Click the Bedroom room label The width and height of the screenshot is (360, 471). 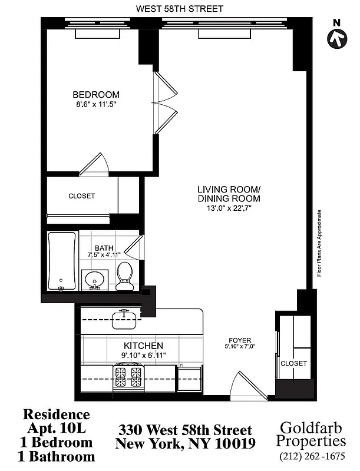(x=95, y=95)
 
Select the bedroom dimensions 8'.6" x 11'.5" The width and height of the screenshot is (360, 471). (x=95, y=104)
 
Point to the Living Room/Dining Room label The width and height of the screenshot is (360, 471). (x=229, y=194)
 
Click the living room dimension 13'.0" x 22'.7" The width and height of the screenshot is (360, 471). (x=229, y=208)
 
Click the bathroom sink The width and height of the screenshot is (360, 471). (x=93, y=280)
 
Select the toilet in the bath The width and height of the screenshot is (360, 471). (x=124, y=276)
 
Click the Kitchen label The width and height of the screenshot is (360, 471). (x=143, y=345)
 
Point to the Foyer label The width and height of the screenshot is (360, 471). (x=240, y=340)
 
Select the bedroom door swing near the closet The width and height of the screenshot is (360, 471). (x=94, y=164)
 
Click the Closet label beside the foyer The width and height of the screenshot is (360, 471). (x=293, y=363)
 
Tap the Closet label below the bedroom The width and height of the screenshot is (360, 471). (x=81, y=196)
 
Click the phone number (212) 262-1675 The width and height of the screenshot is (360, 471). (x=313, y=456)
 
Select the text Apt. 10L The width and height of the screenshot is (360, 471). (x=57, y=428)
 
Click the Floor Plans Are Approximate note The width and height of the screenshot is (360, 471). (x=319, y=243)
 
